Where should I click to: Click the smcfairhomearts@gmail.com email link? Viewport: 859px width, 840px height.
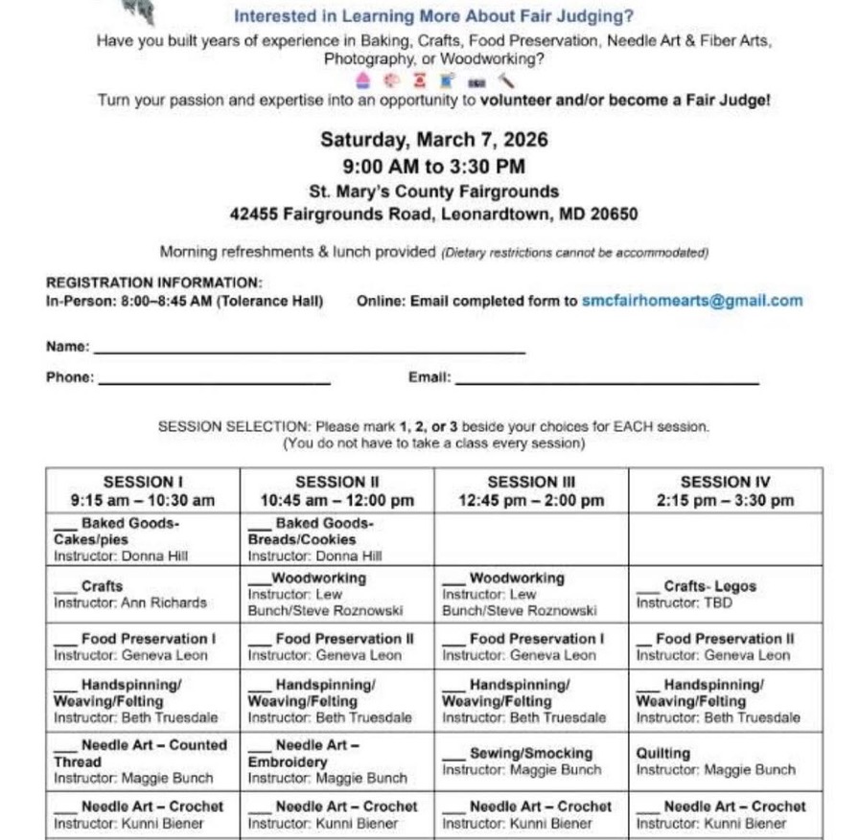click(692, 301)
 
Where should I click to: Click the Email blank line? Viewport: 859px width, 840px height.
click(606, 381)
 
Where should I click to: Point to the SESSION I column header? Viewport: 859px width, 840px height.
click(143, 490)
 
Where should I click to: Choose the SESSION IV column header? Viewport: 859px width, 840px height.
click(725, 490)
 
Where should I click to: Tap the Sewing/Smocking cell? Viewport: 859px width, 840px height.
click(530, 761)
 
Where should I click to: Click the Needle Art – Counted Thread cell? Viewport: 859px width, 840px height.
click(143, 761)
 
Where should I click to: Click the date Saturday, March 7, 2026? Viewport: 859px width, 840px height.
click(433, 140)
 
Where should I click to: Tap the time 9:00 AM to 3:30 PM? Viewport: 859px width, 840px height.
click(433, 166)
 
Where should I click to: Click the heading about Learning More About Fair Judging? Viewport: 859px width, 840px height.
click(433, 16)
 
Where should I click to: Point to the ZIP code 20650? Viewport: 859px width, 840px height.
click(614, 215)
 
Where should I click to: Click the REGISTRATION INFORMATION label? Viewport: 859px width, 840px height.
click(154, 284)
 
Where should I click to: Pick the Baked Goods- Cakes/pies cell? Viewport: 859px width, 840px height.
click(143, 539)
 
